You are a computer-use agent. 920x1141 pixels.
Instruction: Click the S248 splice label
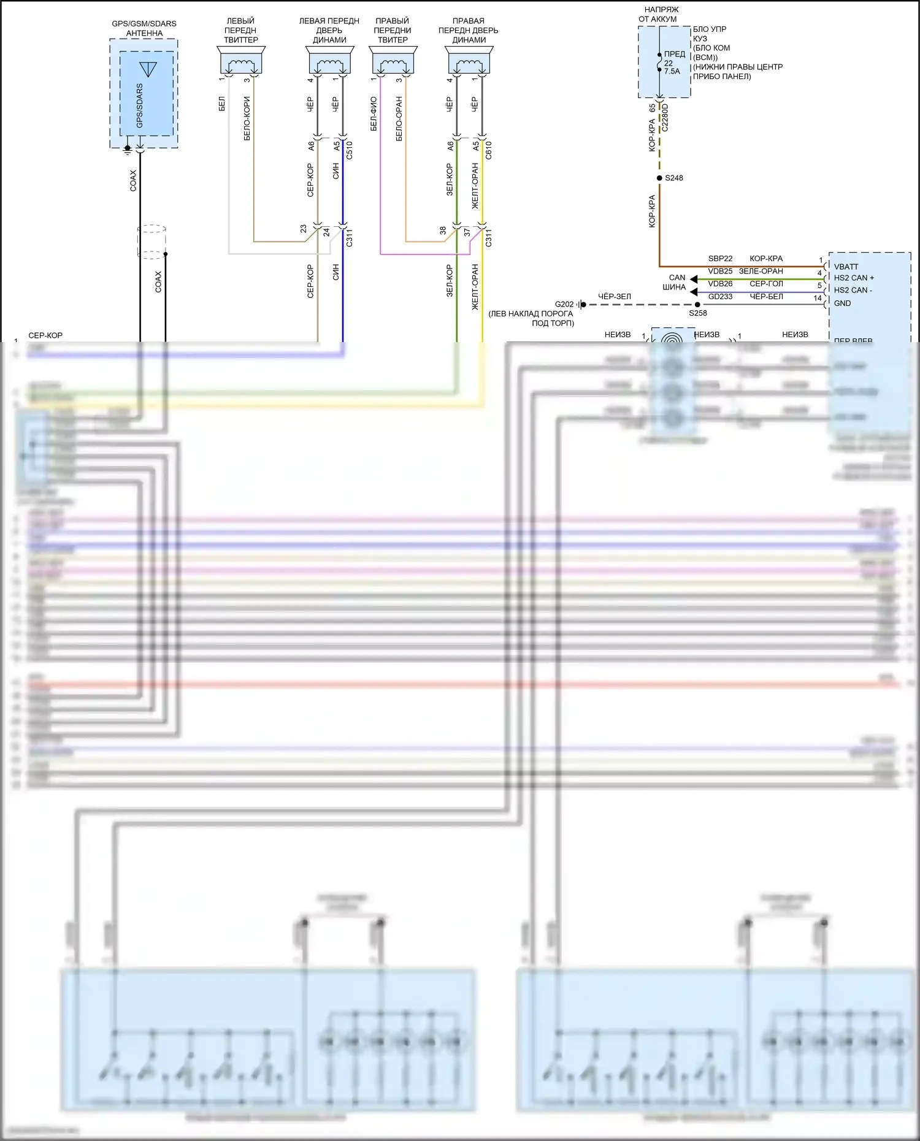pyautogui.click(x=673, y=178)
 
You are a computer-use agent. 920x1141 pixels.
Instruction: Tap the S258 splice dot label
pyautogui.click(x=698, y=313)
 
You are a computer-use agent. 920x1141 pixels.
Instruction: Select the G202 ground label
pyautogui.click(x=564, y=305)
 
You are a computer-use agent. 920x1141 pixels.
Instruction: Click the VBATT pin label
pyautogui.click(x=846, y=267)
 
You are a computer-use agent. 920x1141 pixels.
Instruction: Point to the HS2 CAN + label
pyautogui.click(x=854, y=278)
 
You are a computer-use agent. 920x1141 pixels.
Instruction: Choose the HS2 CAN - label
pyautogui.click(x=853, y=291)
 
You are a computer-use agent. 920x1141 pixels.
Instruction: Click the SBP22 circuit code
pyautogui.click(x=720, y=259)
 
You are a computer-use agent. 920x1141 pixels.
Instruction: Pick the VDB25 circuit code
pyautogui.click(x=720, y=271)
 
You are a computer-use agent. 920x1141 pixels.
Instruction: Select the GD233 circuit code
pyautogui.click(x=720, y=297)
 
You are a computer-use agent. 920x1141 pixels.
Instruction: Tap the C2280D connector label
pyautogui.click(x=665, y=118)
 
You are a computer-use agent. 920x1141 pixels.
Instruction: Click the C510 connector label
pyautogui.click(x=350, y=150)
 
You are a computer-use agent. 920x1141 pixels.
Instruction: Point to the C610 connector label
pyautogui.click(x=489, y=150)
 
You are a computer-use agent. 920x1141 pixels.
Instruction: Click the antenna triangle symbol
pyautogui.click(x=148, y=69)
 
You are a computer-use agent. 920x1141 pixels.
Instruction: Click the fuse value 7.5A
pyautogui.click(x=672, y=72)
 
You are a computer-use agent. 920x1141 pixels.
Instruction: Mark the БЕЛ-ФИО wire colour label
pyautogui.click(x=374, y=114)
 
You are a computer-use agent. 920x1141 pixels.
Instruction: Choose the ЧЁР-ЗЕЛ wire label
pyautogui.click(x=614, y=297)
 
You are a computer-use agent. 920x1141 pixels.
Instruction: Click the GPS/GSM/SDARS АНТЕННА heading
pyautogui.click(x=144, y=28)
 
